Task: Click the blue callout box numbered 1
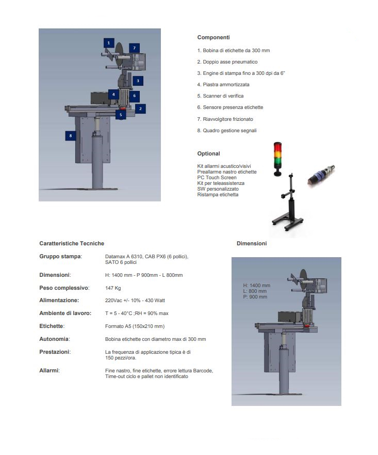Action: (108, 42)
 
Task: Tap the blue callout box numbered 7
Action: (134, 48)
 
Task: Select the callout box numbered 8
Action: (71, 136)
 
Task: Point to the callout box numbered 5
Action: (121, 115)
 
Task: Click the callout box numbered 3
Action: (138, 81)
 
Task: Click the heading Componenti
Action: (213, 38)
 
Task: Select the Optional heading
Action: (208, 153)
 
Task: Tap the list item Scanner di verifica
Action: (220, 96)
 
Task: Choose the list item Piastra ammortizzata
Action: (223, 84)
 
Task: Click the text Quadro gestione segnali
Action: (226, 131)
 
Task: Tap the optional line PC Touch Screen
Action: (217, 178)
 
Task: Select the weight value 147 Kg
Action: (113, 288)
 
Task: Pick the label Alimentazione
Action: (59, 301)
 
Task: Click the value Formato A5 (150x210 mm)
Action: (135, 326)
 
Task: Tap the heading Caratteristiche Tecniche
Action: (72, 243)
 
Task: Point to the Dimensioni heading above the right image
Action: (252, 243)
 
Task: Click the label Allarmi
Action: (50, 370)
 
